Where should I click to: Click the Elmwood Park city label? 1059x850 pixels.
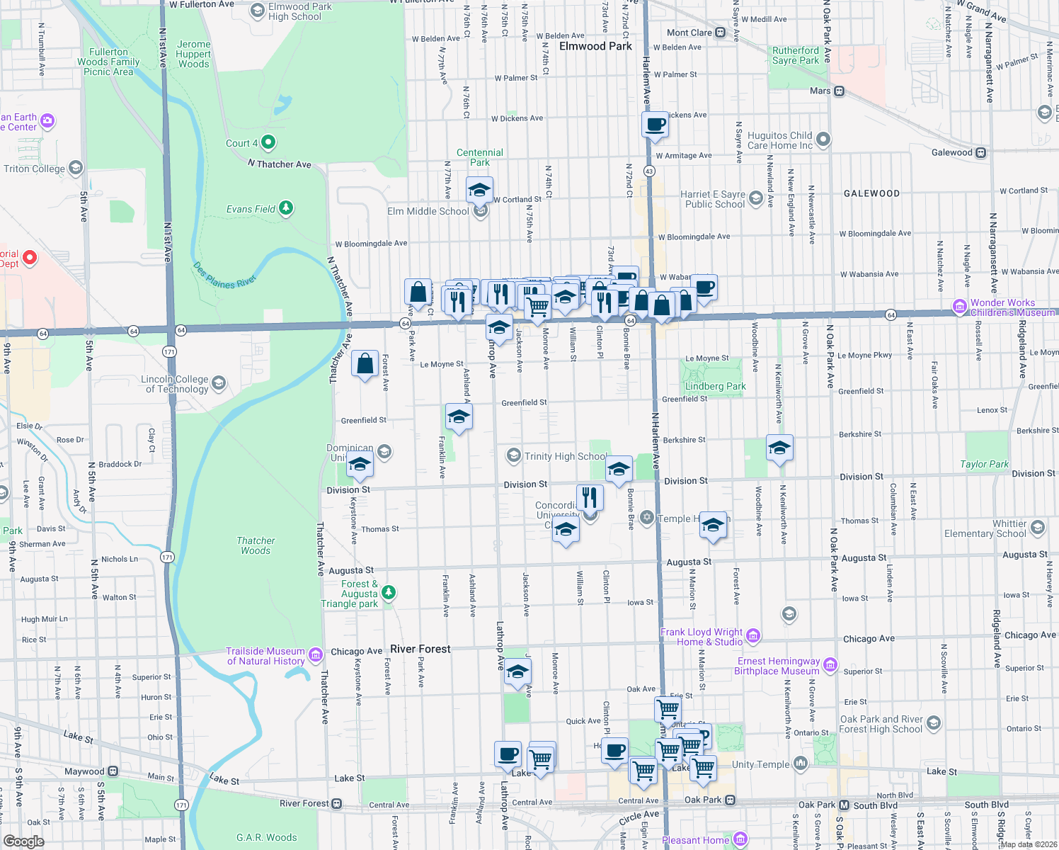(x=595, y=46)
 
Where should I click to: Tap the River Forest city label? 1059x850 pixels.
(x=420, y=649)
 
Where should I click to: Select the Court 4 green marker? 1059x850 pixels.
(x=268, y=142)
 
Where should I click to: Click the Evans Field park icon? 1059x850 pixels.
(x=286, y=208)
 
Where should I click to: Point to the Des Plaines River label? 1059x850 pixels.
(x=224, y=276)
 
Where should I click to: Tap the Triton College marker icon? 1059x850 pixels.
(x=76, y=168)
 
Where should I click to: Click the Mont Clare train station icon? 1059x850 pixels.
(x=721, y=33)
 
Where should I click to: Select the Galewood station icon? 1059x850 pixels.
(x=981, y=152)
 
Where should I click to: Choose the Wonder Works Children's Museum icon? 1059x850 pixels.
(x=960, y=307)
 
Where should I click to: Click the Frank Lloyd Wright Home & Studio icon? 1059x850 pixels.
(x=753, y=635)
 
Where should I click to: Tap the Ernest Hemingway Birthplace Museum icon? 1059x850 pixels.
(x=830, y=665)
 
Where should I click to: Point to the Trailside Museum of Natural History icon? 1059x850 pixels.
(x=316, y=654)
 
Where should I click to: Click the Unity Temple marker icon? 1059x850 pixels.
(x=801, y=763)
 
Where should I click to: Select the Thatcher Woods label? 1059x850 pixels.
(x=256, y=545)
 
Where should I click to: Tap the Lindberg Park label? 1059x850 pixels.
(x=716, y=386)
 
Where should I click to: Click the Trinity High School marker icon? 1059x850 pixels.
(x=513, y=455)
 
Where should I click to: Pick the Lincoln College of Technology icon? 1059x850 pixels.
(x=219, y=383)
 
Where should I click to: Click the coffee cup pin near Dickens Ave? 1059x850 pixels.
(x=656, y=125)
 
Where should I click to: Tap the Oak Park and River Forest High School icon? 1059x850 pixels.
(x=934, y=723)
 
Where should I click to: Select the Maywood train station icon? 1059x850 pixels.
(x=113, y=771)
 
